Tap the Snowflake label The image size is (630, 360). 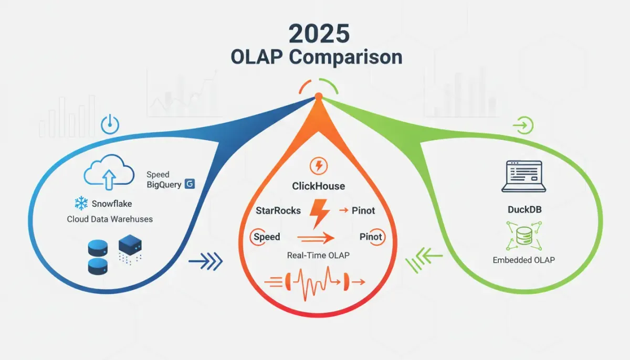[111, 203]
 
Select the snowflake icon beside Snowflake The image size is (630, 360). [81, 203]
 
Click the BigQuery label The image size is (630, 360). [164, 184]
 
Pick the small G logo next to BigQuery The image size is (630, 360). [190, 184]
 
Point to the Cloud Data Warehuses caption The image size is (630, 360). [110, 219]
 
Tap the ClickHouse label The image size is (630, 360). [318, 186]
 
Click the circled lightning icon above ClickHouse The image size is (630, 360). [319, 166]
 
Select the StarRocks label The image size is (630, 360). [278, 210]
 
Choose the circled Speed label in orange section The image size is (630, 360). [266, 237]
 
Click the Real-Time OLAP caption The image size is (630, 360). [318, 255]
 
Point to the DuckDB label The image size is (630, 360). [524, 209]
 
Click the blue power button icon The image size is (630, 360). [110, 125]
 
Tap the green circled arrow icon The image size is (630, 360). [524, 125]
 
